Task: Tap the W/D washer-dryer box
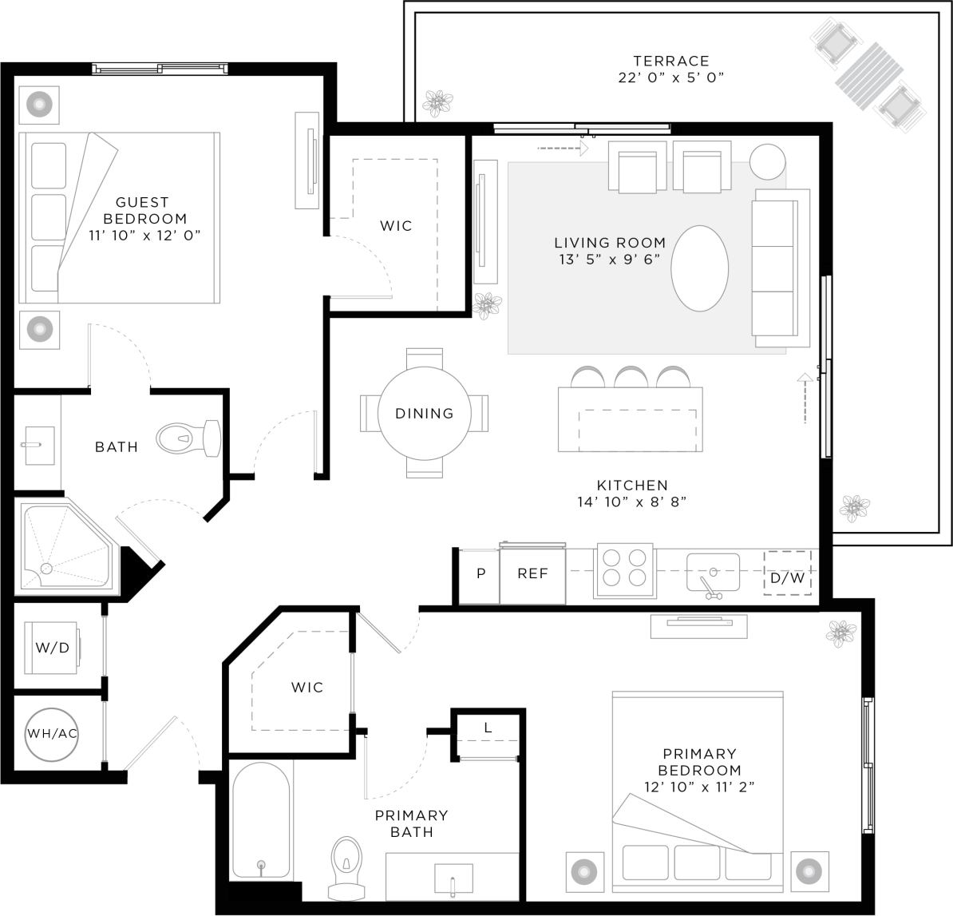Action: pos(52,648)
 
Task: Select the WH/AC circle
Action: pos(53,733)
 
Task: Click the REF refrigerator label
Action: pos(532,573)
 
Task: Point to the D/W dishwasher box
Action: pos(787,574)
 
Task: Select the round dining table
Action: pos(424,413)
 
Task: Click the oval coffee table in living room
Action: pos(699,268)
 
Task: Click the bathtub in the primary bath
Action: pos(260,819)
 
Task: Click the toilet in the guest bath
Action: pos(188,438)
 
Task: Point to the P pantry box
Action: pos(480,573)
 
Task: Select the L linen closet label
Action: pos(488,728)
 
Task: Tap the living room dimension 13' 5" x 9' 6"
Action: pos(610,259)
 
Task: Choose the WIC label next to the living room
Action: pos(396,226)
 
